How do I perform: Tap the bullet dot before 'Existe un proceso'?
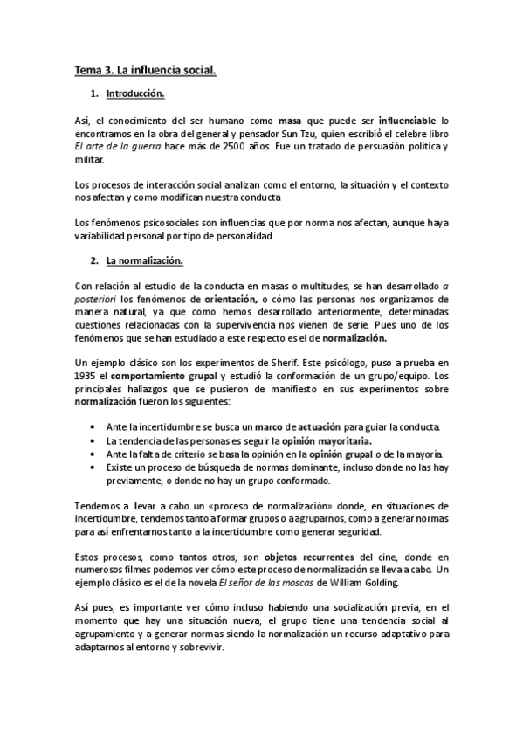[93, 469]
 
